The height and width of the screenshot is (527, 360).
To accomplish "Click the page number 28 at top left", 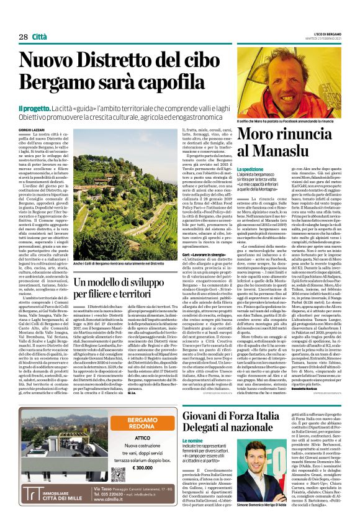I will [x=23, y=37].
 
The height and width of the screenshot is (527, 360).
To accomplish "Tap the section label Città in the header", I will [x=41, y=37].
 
